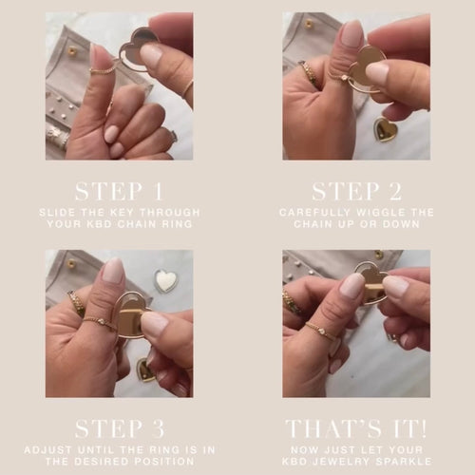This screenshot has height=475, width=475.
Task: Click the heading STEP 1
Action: [119, 191]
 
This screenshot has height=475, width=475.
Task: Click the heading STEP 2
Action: [356, 191]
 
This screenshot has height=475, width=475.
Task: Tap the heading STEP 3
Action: [120, 428]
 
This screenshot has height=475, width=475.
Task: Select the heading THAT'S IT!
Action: [356, 428]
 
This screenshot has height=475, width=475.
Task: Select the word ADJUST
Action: [48, 449]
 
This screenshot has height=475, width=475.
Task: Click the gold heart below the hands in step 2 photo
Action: [386, 129]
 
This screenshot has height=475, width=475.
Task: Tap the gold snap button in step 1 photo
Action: [73, 50]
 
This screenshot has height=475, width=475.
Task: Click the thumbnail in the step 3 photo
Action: [113, 270]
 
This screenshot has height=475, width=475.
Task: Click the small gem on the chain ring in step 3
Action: [102, 322]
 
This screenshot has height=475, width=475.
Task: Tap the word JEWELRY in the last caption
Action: [336, 461]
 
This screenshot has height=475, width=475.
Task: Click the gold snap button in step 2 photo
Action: [310, 24]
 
